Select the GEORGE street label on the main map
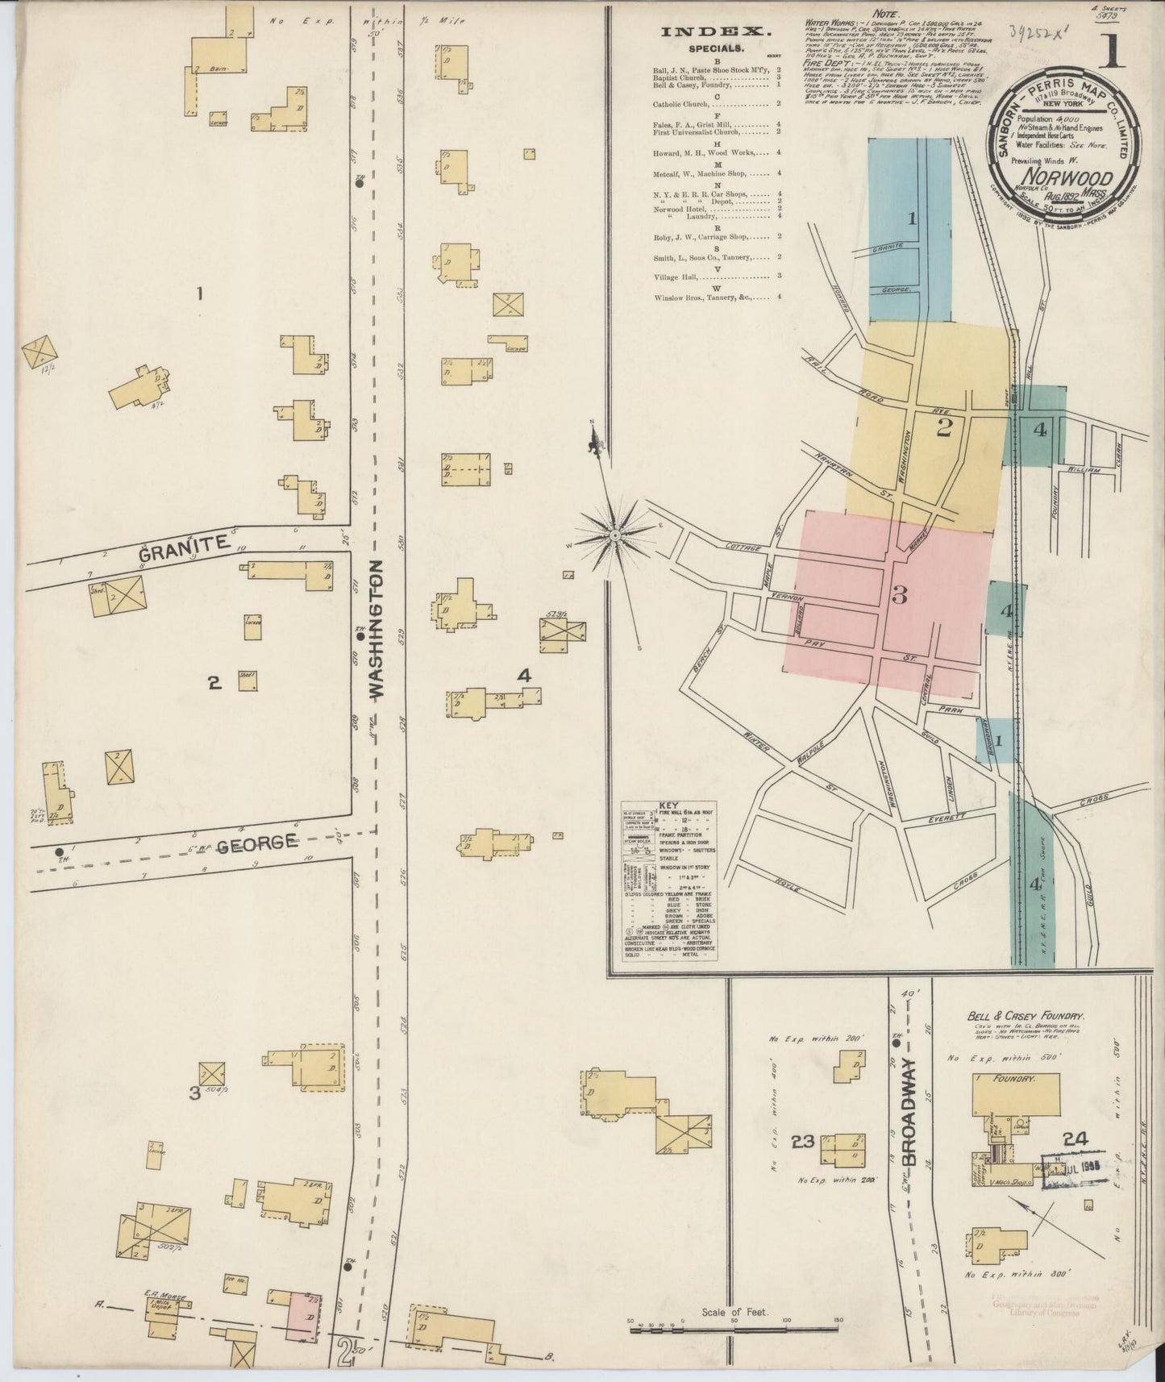coord(256,843)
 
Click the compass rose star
coord(614,535)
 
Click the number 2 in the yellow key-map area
coord(944,428)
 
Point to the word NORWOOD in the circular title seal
coord(1069,178)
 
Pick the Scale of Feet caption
coord(735,1312)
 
